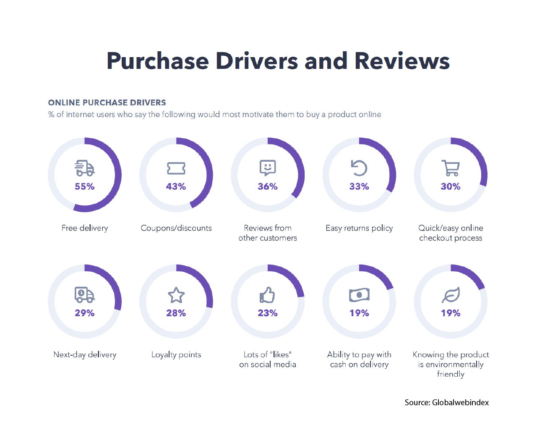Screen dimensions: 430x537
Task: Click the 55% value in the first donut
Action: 84,186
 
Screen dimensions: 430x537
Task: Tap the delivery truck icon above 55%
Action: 85,168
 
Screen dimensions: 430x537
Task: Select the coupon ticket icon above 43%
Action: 176,168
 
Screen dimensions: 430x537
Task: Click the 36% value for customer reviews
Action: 268,186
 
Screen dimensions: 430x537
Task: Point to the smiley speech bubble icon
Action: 268,168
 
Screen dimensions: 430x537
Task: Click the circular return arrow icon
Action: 359,168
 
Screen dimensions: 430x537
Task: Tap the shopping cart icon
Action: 451,168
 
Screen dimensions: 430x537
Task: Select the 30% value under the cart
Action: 451,186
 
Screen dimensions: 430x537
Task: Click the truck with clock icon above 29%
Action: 85,295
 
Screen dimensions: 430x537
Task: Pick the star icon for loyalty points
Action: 176,295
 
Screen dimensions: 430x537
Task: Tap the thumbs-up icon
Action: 267,295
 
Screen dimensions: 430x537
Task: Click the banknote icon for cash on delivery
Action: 359,295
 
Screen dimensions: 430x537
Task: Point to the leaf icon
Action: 451,295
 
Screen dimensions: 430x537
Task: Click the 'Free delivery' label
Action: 85,228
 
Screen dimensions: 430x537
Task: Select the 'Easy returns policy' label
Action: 359,228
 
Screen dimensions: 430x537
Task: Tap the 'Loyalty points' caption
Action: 176,355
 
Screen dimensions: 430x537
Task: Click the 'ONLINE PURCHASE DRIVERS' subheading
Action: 107,102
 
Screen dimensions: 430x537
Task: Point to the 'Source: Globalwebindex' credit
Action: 446,402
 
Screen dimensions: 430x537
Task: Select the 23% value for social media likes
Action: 268,313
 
